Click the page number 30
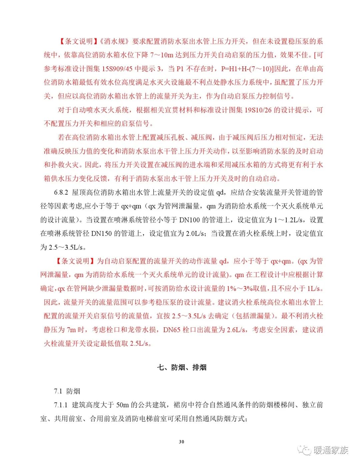point(181,442)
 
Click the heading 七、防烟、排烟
point(182,367)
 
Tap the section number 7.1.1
point(61,405)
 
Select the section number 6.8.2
point(61,193)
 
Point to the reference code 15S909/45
point(117,69)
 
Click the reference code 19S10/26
point(258,110)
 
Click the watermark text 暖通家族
point(331,450)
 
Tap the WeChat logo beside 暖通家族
point(304,450)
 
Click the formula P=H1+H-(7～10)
point(247,69)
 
